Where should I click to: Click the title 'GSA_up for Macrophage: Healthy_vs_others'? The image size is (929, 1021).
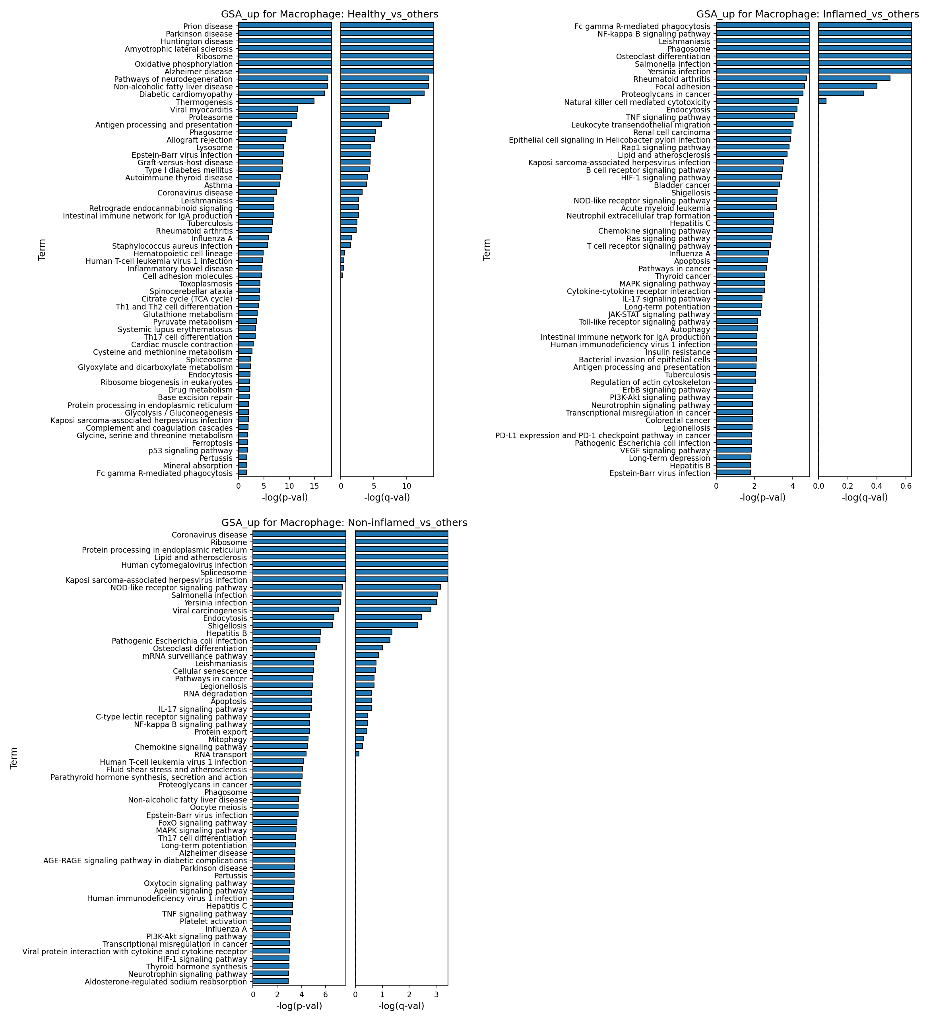[330, 14]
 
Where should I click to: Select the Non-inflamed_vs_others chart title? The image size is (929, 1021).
[344, 523]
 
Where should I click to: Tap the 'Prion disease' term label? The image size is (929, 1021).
[208, 26]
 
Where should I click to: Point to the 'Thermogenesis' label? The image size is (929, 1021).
[204, 102]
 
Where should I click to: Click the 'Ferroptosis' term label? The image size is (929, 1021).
[214, 443]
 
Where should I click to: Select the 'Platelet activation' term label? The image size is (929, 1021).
[213, 921]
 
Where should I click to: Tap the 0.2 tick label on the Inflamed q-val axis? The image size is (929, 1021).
[848, 485]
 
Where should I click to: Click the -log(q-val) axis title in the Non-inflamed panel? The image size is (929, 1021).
[401, 1006]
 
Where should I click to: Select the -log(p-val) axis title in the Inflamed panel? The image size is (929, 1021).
[763, 497]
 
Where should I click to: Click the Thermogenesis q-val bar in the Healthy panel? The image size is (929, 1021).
[376, 101]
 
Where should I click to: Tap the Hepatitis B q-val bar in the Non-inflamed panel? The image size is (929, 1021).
[374, 632]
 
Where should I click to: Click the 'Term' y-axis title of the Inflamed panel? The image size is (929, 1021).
[487, 249]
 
